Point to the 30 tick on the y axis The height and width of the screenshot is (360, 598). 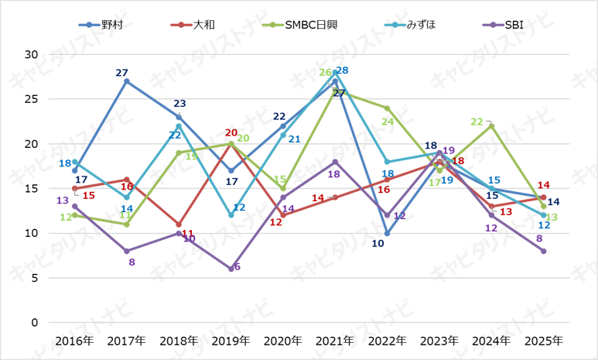click(x=32, y=54)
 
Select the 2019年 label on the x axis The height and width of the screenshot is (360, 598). click(x=231, y=341)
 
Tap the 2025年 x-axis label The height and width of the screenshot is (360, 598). click(x=543, y=341)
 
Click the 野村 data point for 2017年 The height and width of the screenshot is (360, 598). click(x=126, y=81)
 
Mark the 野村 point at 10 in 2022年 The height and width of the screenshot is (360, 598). click(x=387, y=233)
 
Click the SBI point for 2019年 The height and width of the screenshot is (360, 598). click(x=231, y=269)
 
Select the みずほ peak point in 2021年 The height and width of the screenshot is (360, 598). click(x=335, y=72)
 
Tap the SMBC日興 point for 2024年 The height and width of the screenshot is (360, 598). click(x=491, y=125)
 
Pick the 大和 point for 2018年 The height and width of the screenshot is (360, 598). click(x=179, y=224)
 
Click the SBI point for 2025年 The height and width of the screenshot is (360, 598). click(x=543, y=251)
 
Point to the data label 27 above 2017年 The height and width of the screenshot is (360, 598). click(x=121, y=73)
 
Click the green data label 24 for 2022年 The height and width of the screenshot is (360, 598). click(x=388, y=122)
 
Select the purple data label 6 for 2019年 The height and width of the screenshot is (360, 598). click(x=237, y=267)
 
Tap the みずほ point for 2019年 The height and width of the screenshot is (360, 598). click(x=231, y=215)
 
